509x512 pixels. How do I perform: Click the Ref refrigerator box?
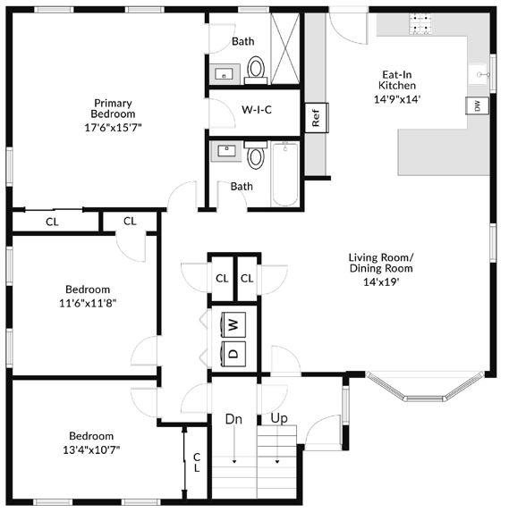point(315,117)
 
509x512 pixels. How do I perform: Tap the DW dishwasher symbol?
point(477,106)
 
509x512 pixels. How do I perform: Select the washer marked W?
point(233,324)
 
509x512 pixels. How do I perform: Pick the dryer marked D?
point(233,352)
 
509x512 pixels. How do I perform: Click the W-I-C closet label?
point(258,110)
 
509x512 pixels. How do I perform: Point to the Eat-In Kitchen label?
point(396,80)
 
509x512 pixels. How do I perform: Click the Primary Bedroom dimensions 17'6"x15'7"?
point(114,127)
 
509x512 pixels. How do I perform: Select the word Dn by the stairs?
point(233,418)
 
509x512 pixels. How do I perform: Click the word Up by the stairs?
point(278,418)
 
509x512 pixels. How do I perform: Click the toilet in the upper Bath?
point(257,68)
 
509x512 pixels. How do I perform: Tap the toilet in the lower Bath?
point(257,158)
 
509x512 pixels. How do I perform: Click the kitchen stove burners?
point(421,24)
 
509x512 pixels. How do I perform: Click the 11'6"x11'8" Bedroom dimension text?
point(88,302)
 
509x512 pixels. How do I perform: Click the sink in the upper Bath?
point(224,71)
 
